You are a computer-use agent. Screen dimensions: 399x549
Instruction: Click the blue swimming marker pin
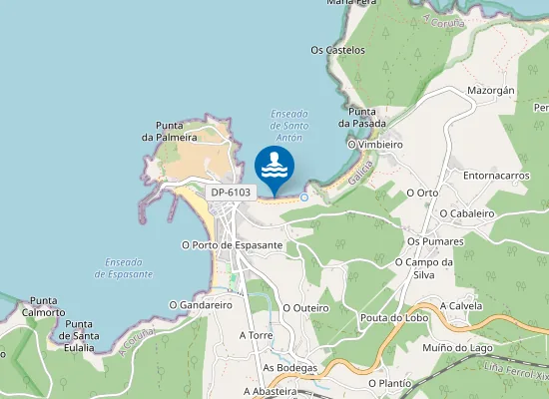275,165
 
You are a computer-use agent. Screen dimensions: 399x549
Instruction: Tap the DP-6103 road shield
232,192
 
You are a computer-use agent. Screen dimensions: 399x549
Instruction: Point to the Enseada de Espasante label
125,267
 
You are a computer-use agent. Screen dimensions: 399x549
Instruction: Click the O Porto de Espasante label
232,244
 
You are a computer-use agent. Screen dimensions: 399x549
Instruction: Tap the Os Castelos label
337,50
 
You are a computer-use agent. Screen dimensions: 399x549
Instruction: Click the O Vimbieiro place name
374,145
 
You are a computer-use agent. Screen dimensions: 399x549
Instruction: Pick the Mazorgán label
491,90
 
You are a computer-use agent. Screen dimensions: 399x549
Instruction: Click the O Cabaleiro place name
467,213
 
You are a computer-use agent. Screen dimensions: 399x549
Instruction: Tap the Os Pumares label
436,241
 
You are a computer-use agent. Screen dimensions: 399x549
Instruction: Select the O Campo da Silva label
424,268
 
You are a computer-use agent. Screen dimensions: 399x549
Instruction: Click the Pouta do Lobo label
392,318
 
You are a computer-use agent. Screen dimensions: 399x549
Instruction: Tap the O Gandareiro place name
201,305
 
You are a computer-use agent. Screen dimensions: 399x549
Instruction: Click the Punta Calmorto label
45,306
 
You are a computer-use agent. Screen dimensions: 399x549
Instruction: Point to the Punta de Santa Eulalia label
79,335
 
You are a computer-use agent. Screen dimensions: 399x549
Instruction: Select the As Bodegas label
289,368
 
